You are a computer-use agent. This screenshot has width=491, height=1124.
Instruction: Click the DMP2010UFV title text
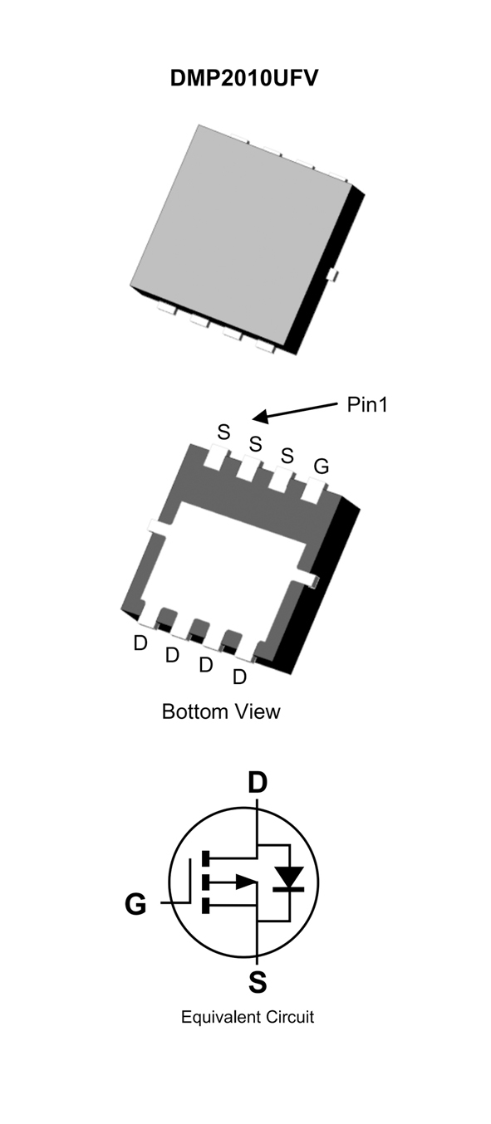pos(244,79)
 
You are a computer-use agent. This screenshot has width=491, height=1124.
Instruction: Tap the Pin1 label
pos(367,404)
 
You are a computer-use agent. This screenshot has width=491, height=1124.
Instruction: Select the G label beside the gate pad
pos(322,467)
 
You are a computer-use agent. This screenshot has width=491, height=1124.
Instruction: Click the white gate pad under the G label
pos(314,491)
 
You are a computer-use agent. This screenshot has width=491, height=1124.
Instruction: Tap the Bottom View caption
pos(221,711)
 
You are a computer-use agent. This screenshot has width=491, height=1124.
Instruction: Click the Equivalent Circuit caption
pos(248,1017)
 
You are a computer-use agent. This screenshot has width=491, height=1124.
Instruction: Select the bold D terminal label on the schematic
pos(258,782)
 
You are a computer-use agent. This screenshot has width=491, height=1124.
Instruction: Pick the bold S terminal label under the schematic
pos(258,982)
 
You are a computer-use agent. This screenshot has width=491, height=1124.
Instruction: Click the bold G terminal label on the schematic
pos(135,904)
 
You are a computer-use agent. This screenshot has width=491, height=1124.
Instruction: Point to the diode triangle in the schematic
pos(289,877)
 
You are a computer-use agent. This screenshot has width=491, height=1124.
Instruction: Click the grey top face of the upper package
pos(240,228)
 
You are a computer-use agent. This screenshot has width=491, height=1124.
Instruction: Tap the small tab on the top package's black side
pos(331,275)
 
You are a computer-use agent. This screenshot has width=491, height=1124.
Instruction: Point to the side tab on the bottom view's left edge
pos(158,527)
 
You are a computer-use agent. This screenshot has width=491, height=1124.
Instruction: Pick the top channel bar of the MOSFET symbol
pos(205,858)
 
